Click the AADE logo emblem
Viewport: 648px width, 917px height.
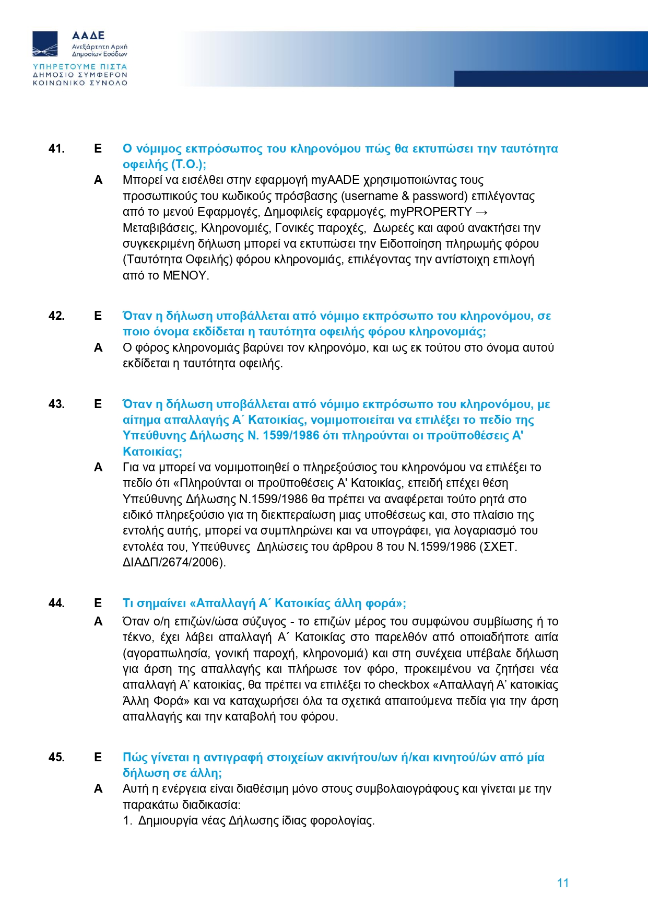point(45,44)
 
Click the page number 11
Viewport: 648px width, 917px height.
point(562,883)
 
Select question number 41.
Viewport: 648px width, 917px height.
point(56,149)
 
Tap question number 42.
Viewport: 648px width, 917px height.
point(56,316)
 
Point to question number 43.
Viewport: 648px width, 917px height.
point(56,404)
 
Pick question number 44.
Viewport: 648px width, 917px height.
point(56,603)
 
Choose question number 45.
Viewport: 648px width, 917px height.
point(56,758)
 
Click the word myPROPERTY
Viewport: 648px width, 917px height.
point(431,212)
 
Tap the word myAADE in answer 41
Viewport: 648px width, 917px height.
point(335,180)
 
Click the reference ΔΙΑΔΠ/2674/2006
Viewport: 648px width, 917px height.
point(173,563)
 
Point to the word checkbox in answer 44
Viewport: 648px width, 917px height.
point(404,685)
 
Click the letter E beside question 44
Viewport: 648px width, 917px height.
point(98,603)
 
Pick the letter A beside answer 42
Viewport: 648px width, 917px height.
point(98,348)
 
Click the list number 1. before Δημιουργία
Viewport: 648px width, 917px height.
point(127,821)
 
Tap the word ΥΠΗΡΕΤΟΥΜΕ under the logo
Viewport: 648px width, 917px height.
point(64,67)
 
